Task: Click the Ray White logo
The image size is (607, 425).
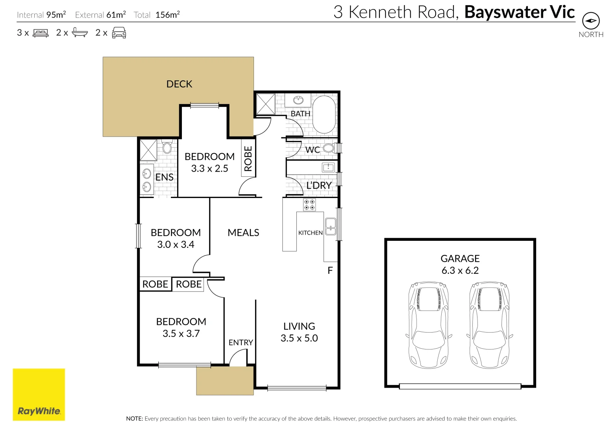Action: (x=39, y=394)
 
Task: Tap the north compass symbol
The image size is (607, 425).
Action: (x=590, y=21)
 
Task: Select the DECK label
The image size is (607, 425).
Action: (x=179, y=84)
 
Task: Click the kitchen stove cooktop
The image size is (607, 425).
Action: (x=309, y=205)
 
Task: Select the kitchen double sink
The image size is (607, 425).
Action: (x=331, y=226)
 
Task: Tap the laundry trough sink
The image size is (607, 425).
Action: (x=328, y=167)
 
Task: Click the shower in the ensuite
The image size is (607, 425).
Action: (x=148, y=150)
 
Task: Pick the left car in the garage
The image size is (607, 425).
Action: (x=429, y=325)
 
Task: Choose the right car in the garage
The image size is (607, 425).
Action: (x=490, y=325)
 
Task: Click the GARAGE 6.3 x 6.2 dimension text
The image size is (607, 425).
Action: (x=460, y=270)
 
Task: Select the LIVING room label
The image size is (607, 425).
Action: (x=299, y=326)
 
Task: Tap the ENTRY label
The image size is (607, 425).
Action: (x=241, y=342)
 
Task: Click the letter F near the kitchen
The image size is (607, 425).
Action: (x=330, y=270)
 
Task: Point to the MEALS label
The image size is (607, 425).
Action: (x=243, y=233)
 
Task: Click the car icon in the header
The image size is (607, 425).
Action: (x=119, y=33)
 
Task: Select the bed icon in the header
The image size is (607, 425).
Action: (x=41, y=33)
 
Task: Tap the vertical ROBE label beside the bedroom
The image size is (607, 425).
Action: (x=248, y=159)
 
